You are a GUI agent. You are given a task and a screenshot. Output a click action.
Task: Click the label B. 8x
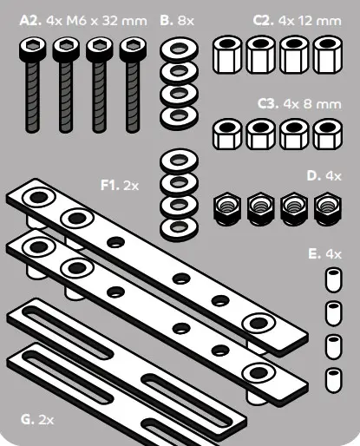pos(180,18)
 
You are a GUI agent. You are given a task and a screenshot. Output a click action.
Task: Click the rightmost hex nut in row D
pos(327,207)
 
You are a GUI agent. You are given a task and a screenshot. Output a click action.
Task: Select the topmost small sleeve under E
pos(331,279)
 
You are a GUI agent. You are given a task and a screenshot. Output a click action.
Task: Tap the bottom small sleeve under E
pos(331,378)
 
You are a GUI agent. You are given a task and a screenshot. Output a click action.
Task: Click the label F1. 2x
pos(119,184)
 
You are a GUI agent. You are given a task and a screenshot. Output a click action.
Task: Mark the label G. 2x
pos(37,419)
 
